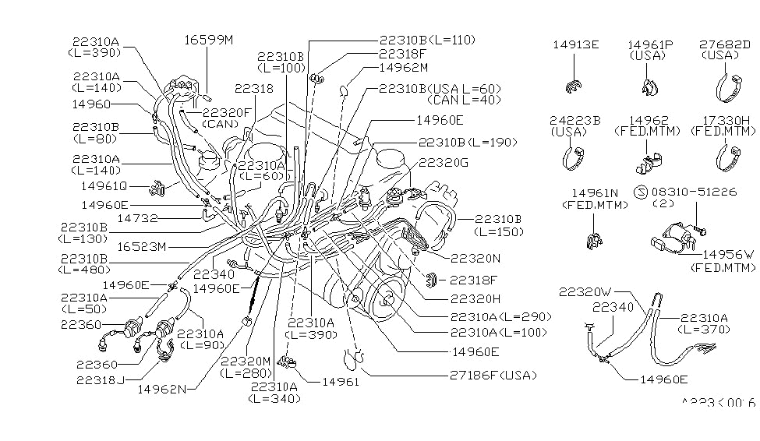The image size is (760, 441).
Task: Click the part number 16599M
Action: tap(209, 39)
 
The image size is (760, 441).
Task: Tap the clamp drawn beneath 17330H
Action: tap(727, 160)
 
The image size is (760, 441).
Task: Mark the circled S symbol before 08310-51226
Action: tap(639, 191)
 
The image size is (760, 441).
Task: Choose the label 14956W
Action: tap(728, 255)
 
